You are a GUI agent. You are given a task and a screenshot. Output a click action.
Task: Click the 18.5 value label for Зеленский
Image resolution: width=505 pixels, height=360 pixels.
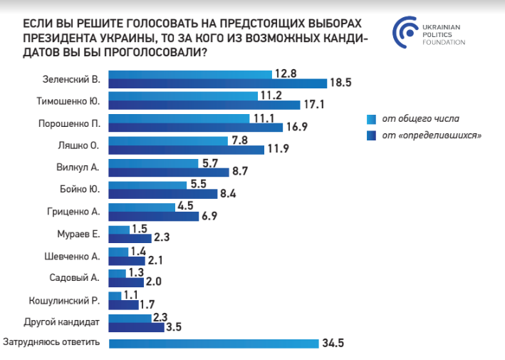point(339,83)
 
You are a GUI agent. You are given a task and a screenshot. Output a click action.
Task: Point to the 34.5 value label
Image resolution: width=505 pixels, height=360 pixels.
point(333,343)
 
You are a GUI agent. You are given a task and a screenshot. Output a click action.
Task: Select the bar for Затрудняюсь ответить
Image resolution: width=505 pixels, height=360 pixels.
point(214,344)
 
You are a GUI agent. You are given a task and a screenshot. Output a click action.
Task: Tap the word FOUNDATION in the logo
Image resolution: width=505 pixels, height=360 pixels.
point(445,41)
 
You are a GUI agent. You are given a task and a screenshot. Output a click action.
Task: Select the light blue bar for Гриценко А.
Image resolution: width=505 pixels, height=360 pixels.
point(142,207)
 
